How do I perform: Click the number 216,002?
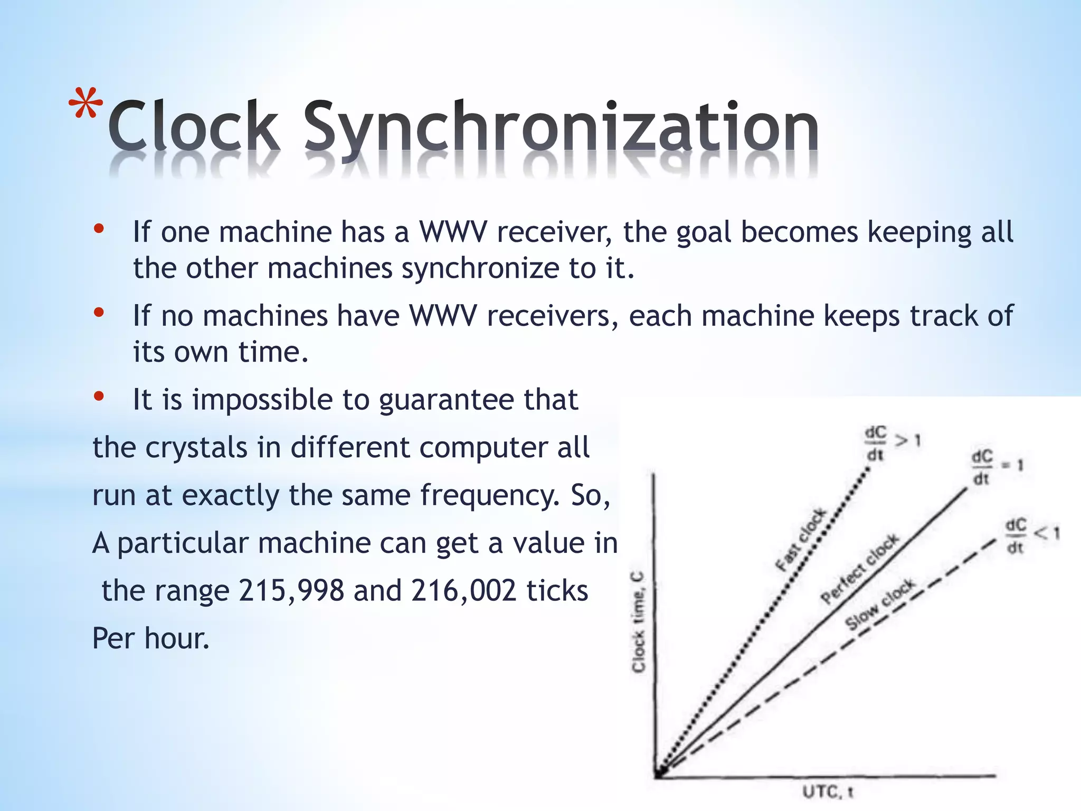point(463,591)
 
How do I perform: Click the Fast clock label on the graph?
point(801,540)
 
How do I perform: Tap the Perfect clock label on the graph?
point(860,569)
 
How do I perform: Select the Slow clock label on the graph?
point(880,603)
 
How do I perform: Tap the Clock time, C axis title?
point(639,621)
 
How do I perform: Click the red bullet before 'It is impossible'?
point(99,397)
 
